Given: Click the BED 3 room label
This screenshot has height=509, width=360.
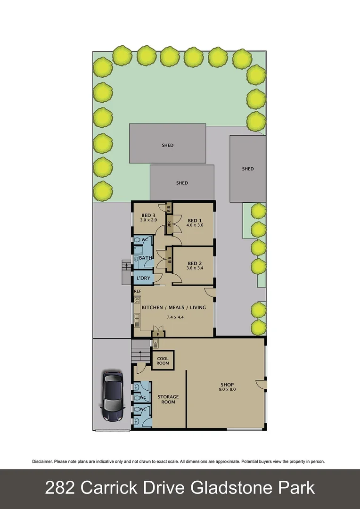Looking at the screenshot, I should (x=148, y=215).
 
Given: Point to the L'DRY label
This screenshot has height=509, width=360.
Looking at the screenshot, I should (x=143, y=279).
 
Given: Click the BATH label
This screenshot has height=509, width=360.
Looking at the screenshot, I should (x=145, y=258).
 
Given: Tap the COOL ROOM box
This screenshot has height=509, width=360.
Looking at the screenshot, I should (x=163, y=361).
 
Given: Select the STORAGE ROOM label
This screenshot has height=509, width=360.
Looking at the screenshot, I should (x=168, y=399).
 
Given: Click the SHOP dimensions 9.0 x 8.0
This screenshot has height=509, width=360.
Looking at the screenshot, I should (x=227, y=390).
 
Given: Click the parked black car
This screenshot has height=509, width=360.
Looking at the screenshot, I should (x=112, y=395).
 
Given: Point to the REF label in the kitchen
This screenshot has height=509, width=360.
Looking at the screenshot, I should (x=138, y=291).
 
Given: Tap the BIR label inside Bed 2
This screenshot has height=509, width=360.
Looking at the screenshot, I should (x=169, y=259).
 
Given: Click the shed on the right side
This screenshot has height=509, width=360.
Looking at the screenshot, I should (x=248, y=169).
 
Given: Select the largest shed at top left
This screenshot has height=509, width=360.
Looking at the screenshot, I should (x=168, y=145).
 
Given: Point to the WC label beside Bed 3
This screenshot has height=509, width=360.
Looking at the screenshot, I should (x=145, y=240).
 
